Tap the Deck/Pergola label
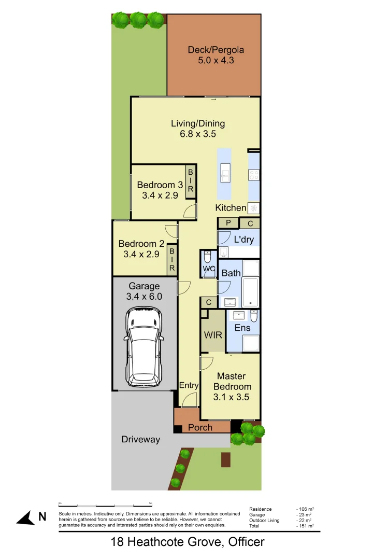(x=216, y=50)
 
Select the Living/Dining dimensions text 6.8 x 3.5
(x=198, y=133)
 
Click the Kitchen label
(x=231, y=208)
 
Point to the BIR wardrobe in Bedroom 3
(x=190, y=180)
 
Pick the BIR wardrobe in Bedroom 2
(x=171, y=259)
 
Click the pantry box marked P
(x=228, y=223)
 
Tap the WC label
(x=209, y=269)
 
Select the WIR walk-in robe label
(x=213, y=335)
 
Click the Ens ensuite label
(x=242, y=328)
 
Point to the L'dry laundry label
(x=243, y=240)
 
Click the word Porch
(x=200, y=427)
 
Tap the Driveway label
(x=140, y=439)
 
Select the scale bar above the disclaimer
(x=105, y=505)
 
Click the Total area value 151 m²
(x=305, y=526)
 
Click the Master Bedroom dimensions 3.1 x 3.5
(x=232, y=397)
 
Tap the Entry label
(x=189, y=385)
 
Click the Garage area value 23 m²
(x=304, y=515)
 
